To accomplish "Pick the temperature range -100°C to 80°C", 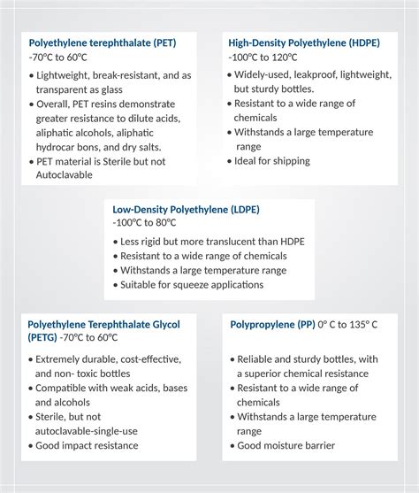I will [149, 224].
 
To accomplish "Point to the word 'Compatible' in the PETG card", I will [65, 388].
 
